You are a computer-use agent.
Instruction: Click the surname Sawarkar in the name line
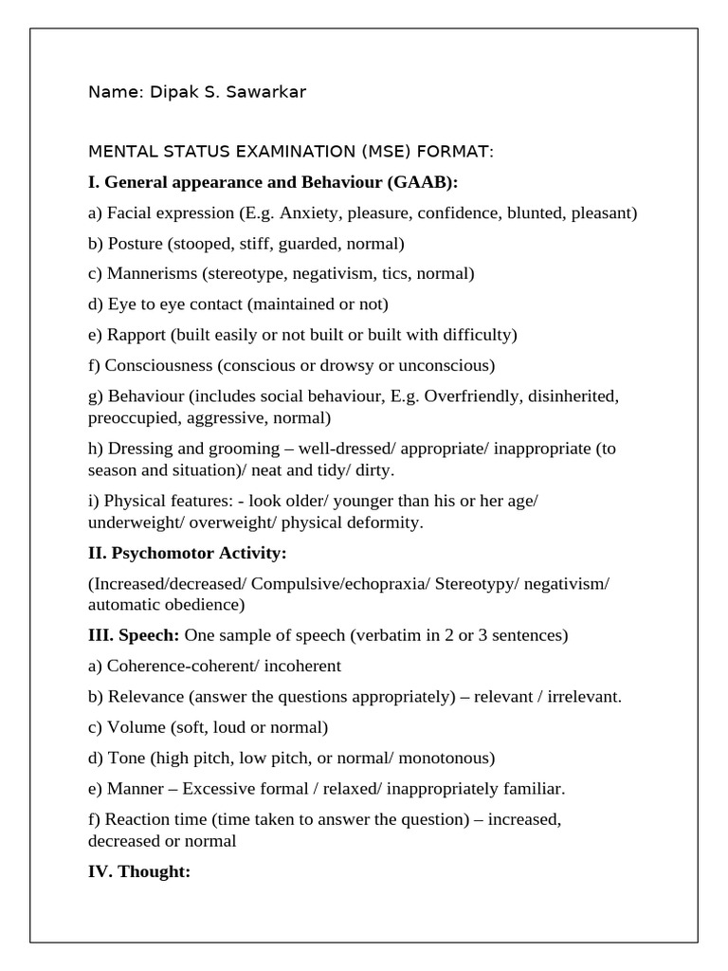(x=267, y=92)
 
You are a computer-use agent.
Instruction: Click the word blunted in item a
(x=536, y=213)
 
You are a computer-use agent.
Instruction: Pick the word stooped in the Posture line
(x=202, y=244)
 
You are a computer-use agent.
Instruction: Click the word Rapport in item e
(x=136, y=335)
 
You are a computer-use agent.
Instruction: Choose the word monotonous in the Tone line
(x=446, y=758)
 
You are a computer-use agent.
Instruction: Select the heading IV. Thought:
(x=139, y=871)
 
